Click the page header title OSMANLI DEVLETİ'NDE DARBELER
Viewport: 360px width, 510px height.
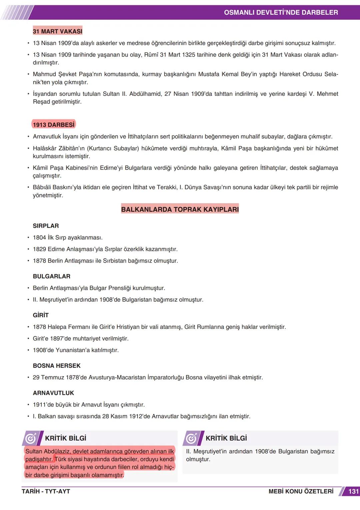point(281,13)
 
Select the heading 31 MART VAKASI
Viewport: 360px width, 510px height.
point(57,31)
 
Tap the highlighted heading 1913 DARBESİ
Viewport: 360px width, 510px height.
point(54,125)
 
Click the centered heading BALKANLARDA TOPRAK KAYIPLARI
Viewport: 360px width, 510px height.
point(180,209)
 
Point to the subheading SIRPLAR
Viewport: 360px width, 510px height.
point(46,226)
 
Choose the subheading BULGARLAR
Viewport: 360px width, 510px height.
point(51,276)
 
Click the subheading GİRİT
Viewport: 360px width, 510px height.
point(41,315)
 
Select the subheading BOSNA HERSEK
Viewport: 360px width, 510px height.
point(57,366)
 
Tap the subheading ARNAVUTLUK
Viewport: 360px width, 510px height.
point(53,393)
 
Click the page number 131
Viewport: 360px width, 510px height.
point(353,491)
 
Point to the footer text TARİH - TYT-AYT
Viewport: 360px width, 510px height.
point(46,491)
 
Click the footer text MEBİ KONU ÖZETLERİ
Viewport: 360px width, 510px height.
point(301,491)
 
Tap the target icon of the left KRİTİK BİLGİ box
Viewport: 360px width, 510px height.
point(31,438)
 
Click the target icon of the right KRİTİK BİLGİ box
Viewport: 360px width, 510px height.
point(192,438)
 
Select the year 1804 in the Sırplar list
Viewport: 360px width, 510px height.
point(39,237)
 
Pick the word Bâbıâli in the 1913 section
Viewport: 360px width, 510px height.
point(42,187)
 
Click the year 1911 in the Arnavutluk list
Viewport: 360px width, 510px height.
point(39,405)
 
